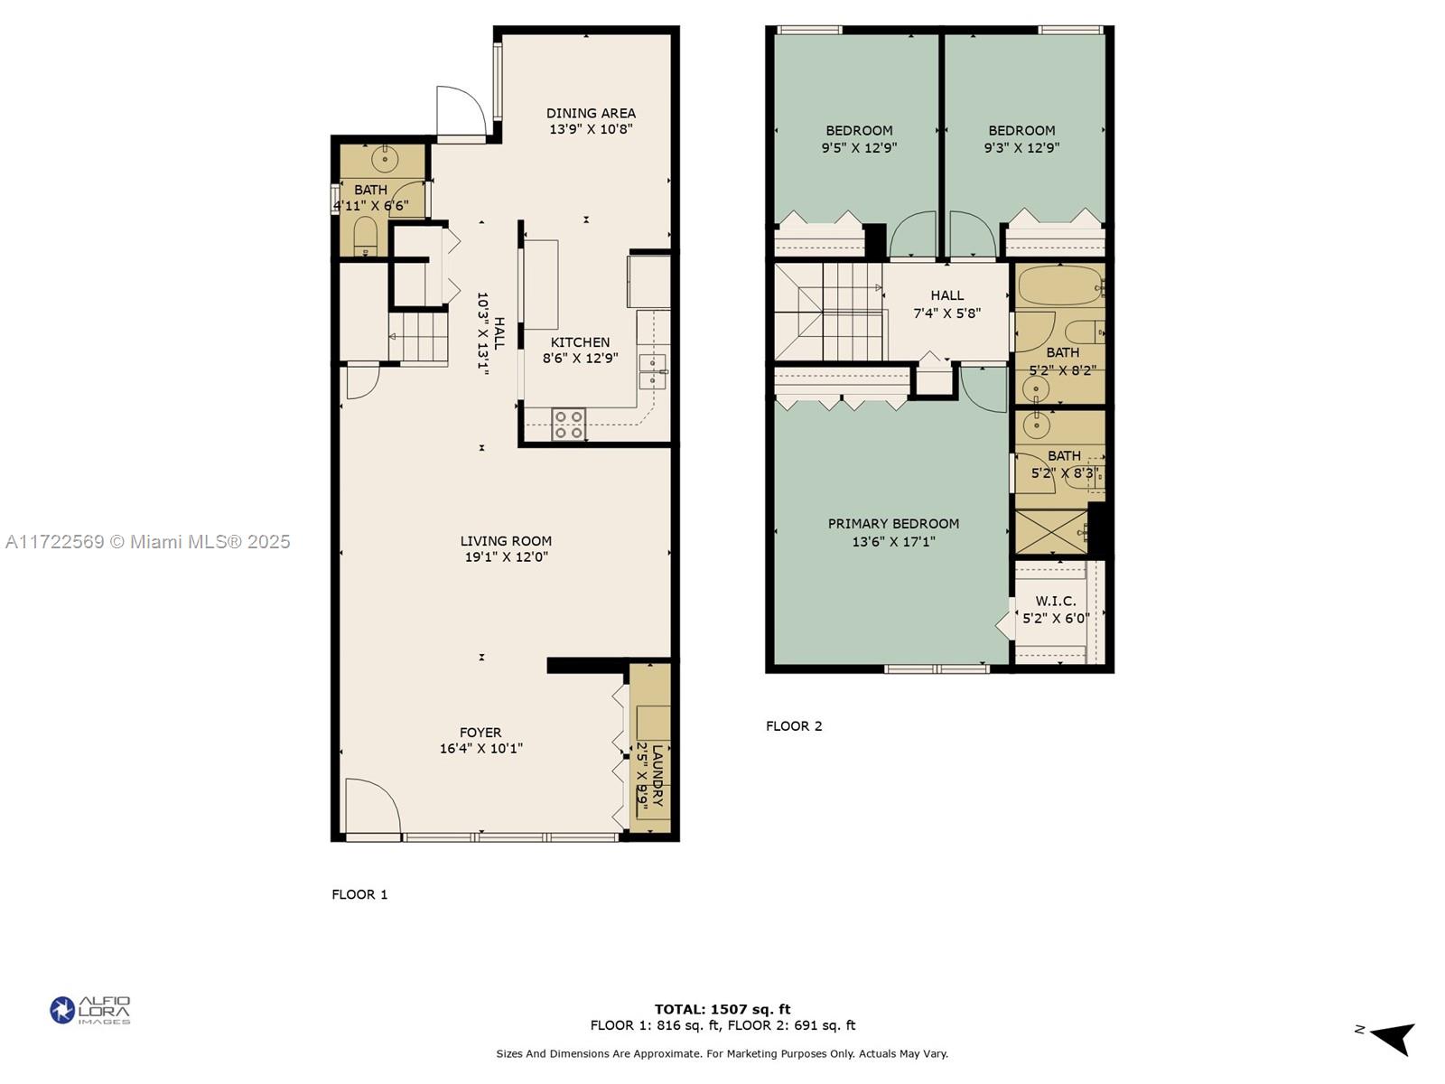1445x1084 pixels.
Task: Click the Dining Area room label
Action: [x=591, y=113]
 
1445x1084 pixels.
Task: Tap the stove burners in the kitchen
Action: [x=569, y=425]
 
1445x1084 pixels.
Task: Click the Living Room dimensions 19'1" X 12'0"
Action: [x=506, y=557]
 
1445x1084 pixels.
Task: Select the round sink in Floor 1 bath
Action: [x=385, y=159]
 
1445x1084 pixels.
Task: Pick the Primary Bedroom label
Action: [x=893, y=524]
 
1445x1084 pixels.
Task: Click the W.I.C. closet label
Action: [x=1055, y=601]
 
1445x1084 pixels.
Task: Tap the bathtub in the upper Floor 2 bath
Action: [x=1059, y=285]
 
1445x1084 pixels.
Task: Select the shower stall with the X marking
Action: [x=1050, y=532]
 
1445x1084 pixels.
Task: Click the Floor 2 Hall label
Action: [x=946, y=295]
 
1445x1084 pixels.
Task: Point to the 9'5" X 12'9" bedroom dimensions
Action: [x=859, y=147]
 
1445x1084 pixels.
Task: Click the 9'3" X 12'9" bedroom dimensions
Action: [x=1021, y=147]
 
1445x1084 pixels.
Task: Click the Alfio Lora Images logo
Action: [x=90, y=1010]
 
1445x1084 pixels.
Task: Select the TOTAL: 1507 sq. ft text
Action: [x=722, y=1009]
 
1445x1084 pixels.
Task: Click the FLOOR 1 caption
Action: [x=359, y=894]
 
